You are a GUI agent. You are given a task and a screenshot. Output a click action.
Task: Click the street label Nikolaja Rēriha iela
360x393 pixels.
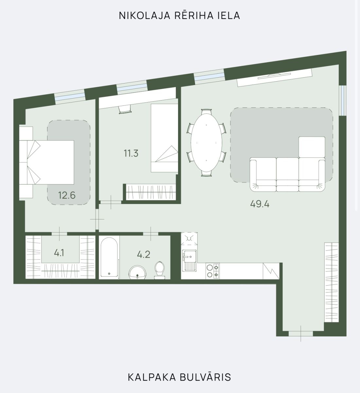coord(179,15)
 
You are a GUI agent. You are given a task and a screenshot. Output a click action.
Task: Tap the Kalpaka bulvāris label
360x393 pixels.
coord(179,377)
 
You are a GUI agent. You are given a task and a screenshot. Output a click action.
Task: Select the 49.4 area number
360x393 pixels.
coord(260,204)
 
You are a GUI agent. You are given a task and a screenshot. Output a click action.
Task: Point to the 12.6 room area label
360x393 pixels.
coord(67,196)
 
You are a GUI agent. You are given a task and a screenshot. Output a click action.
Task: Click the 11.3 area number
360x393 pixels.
coord(131,153)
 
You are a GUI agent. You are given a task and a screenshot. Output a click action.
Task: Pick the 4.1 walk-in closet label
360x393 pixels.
coord(59,253)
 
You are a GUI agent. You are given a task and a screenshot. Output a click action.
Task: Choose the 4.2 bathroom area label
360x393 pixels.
coord(144,254)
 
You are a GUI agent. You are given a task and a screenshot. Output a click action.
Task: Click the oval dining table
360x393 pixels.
coord(206,143)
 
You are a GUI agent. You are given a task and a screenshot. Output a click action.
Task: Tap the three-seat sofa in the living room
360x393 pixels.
coord(287,174)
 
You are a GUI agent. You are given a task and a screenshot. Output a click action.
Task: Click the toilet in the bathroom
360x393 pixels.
coord(160,270)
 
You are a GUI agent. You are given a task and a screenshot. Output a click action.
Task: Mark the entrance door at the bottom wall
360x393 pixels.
coord(301,333)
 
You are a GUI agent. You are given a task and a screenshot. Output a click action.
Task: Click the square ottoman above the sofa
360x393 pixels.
coord(312,147)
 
